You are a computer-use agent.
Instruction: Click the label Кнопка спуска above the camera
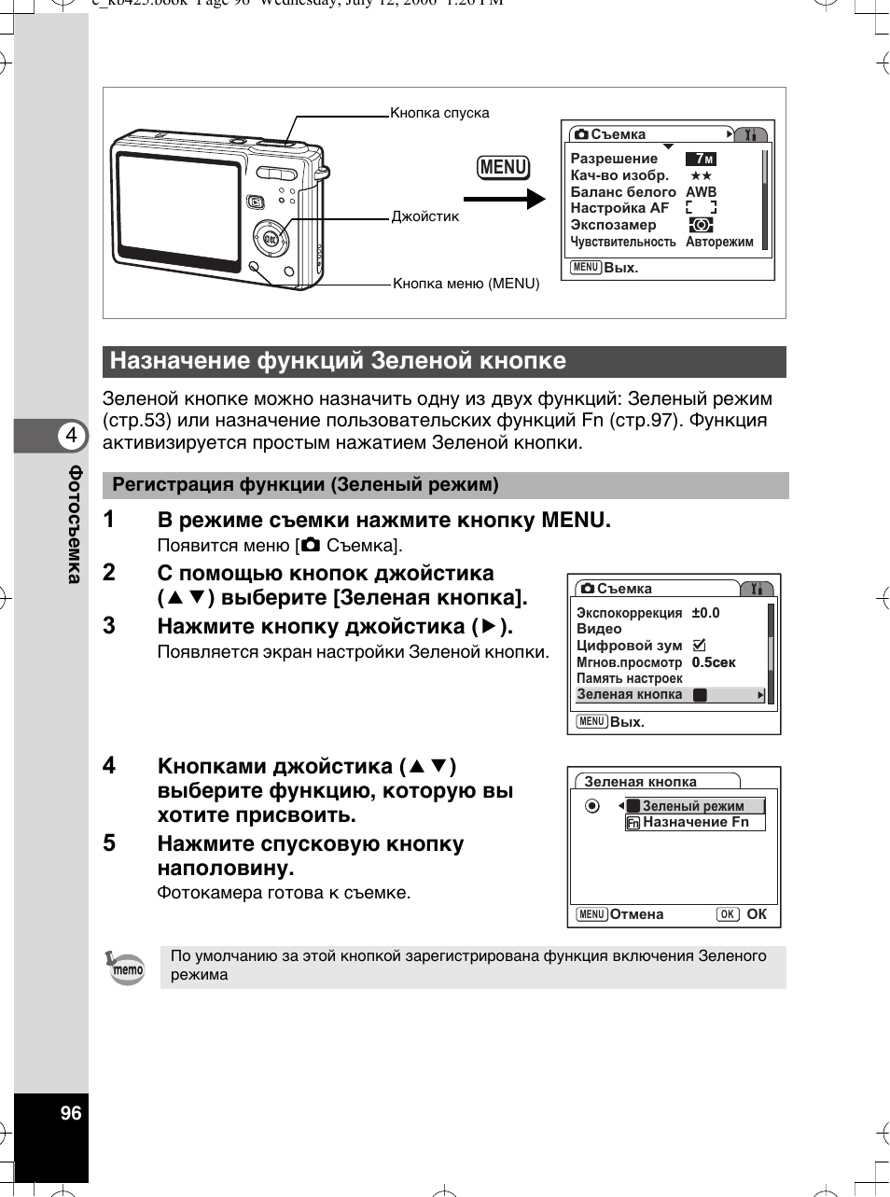[x=439, y=113]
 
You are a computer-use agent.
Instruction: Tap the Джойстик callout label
[x=425, y=216]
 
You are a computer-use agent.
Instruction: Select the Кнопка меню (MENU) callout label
[x=466, y=284]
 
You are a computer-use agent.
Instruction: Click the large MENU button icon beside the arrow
[x=503, y=167]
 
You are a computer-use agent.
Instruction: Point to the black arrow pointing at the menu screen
[x=504, y=199]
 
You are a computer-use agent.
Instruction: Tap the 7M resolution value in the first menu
[x=702, y=159]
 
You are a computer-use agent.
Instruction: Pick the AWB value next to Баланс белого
[x=702, y=192]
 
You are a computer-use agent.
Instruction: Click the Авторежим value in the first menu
[x=719, y=242]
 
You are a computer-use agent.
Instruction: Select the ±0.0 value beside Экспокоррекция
[x=705, y=613]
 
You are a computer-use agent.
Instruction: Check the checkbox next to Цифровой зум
[x=700, y=645]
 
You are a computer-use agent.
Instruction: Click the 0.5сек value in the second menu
[x=714, y=662]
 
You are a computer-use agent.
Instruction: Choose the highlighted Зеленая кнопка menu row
[x=670, y=695]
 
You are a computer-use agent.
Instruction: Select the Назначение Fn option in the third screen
[x=695, y=822]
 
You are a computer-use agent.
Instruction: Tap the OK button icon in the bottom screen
[x=728, y=914]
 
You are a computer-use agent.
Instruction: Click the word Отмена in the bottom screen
[x=636, y=914]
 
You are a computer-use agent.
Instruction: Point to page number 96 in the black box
[x=71, y=1113]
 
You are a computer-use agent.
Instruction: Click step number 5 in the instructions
[x=109, y=843]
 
